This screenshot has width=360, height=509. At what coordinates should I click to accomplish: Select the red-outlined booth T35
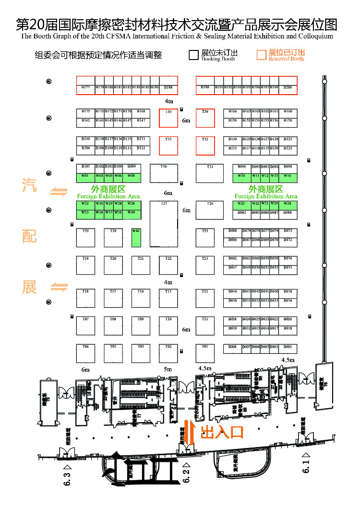coord(168,118)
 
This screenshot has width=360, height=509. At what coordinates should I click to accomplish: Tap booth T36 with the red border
coord(205,118)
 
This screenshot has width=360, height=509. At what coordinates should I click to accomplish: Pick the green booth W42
coord(136,238)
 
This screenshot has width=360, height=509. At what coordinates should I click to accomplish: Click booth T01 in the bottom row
coord(205,353)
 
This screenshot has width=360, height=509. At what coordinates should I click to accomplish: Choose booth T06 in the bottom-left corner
coord(85,353)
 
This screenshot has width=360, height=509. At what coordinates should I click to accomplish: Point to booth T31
coord(210,174)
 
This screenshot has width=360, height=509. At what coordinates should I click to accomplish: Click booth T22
coord(168,265)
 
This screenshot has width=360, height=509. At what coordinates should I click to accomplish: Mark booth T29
coord(85,238)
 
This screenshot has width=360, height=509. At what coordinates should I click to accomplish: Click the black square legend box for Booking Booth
coord(193,55)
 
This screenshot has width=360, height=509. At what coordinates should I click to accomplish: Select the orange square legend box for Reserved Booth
coord(261,55)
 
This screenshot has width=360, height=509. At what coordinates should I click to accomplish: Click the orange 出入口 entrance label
coord(222,432)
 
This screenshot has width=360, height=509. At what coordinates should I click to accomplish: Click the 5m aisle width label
coord(168,369)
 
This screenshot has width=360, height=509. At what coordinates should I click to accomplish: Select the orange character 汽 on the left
coord(29,186)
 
